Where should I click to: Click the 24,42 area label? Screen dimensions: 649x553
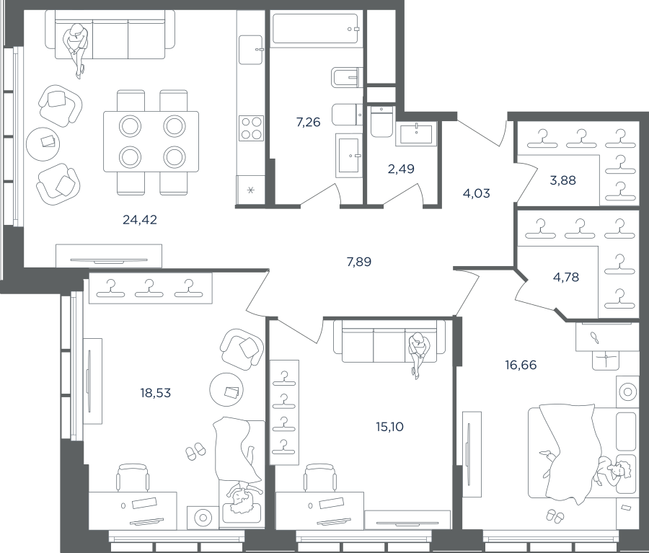tap(140, 220)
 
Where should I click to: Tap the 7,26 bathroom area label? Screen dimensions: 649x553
tap(309, 122)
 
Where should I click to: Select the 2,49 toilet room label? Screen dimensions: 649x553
tap(401, 169)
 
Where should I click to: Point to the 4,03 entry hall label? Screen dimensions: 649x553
tap(477, 193)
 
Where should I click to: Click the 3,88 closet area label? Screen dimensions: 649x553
tap(563, 180)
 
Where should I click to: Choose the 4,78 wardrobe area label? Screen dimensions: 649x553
tap(566, 277)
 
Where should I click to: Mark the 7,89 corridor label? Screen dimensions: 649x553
tap(359, 262)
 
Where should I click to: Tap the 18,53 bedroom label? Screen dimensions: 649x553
tap(156, 393)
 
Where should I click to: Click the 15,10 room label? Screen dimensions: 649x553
tap(389, 427)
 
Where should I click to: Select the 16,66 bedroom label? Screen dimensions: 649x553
tap(521, 365)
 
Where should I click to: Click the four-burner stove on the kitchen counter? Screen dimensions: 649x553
tap(251, 128)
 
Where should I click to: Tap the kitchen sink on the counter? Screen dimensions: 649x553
tap(251, 50)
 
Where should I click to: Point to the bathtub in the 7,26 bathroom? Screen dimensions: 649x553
tap(315, 29)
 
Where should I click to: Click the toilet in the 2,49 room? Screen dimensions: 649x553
tap(381, 122)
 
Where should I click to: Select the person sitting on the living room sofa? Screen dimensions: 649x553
tap(75, 48)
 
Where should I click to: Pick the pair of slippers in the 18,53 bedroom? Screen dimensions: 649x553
tap(195, 451)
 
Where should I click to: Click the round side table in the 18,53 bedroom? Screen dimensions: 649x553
tap(226, 389)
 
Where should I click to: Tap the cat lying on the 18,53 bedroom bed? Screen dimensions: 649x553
tap(251, 456)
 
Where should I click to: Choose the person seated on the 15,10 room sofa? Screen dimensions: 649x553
tap(419, 352)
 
